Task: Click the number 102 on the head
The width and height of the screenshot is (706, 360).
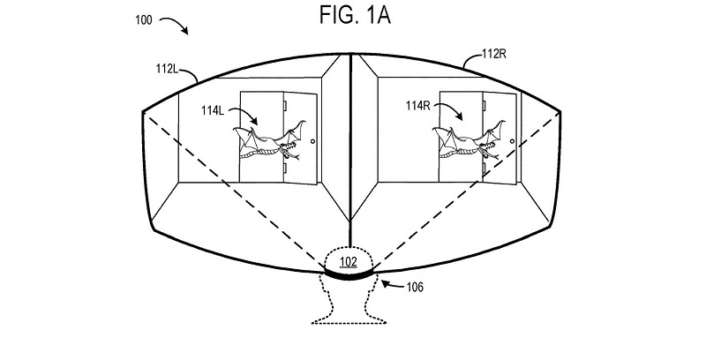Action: coord(350,261)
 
